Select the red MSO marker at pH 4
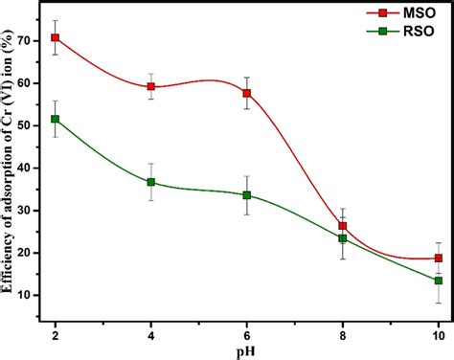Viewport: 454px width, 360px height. (151, 86)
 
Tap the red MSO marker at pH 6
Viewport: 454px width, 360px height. (247, 93)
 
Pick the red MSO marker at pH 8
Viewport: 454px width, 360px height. (343, 226)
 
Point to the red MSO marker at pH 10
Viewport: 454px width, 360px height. (439, 259)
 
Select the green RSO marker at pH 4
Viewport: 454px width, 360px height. (151, 182)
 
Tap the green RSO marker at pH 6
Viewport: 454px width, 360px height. (247, 195)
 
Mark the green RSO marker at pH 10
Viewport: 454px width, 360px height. (439, 281)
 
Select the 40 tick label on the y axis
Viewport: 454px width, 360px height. (34, 168)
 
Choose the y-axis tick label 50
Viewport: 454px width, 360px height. (34, 125)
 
